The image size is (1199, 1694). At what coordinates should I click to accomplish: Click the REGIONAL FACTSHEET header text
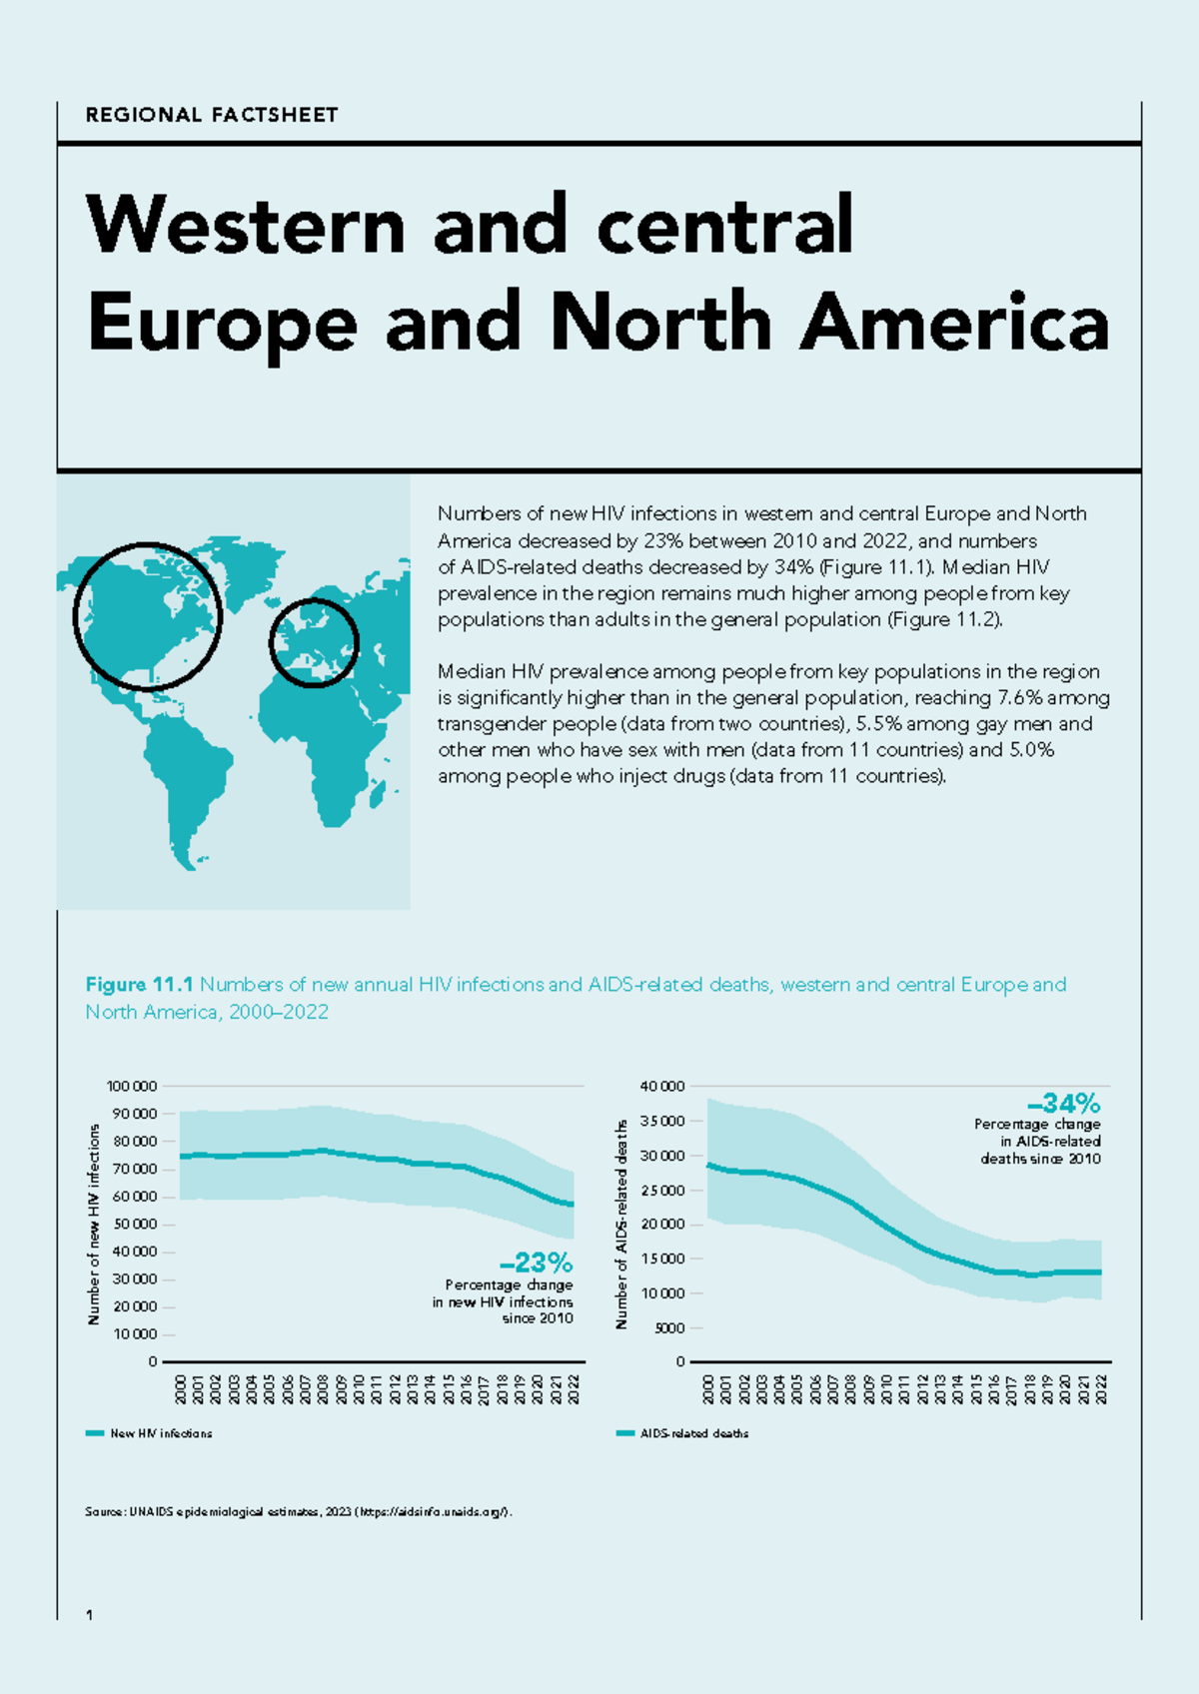pyautogui.click(x=212, y=115)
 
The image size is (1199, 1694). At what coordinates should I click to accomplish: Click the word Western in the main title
pyautogui.click(x=246, y=225)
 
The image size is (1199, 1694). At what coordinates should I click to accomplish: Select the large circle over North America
pyautogui.click(x=147, y=616)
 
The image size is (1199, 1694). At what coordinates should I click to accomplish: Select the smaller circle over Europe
pyautogui.click(x=314, y=642)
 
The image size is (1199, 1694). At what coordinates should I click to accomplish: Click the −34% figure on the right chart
pyautogui.click(x=1064, y=1103)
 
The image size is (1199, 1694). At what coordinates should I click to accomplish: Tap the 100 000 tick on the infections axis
pyautogui.click(x=132, y=1086)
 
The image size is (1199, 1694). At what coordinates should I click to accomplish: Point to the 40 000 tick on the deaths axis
pyautogui.click(x=663, y=1086)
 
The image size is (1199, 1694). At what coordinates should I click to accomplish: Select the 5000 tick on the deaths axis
pyautogui.click(x=670, y=1327)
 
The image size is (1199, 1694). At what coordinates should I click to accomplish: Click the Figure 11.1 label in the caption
pyautogui.click(x=140, y=985)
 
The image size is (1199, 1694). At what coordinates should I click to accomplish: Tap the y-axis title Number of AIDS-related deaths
pyautogui.click(x=621, y=1224)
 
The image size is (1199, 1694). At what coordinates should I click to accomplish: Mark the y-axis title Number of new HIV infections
pyautogui.click(x=94, y=1224)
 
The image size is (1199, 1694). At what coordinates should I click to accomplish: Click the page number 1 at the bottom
pyautogui.click(x=90, y=1615)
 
